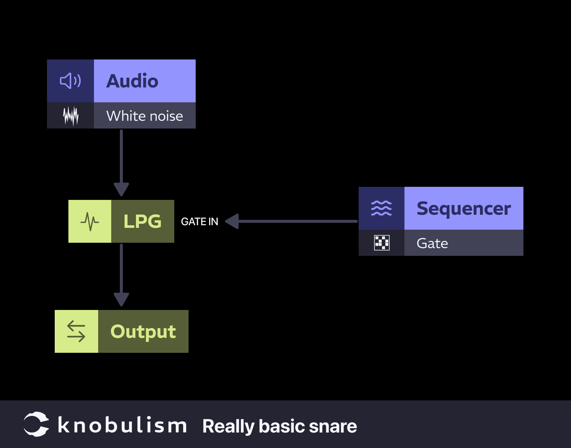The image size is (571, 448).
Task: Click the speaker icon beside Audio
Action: point(70,81)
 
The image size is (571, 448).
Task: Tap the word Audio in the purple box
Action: point(132,81)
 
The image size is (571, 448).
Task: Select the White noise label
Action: point(145,116)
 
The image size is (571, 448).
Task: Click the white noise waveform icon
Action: point(71,116)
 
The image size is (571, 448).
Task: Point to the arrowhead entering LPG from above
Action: point(121,189)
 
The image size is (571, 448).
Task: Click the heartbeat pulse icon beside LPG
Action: point(90,221)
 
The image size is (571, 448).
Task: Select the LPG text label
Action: point(142,221)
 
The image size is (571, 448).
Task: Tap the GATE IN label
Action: point(200,222)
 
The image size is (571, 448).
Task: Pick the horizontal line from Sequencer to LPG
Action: point(297,221)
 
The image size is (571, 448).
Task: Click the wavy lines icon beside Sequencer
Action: point(381,208)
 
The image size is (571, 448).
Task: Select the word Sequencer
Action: point(464,209)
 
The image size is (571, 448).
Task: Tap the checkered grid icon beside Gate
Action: point(382,243)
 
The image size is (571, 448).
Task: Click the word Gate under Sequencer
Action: point(432,243)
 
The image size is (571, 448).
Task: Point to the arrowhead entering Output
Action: point(121,299)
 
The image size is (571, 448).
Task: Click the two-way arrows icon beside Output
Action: point(76,331)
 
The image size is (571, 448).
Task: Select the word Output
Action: point(143,331)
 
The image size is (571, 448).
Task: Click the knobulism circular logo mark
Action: point(36,424)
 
